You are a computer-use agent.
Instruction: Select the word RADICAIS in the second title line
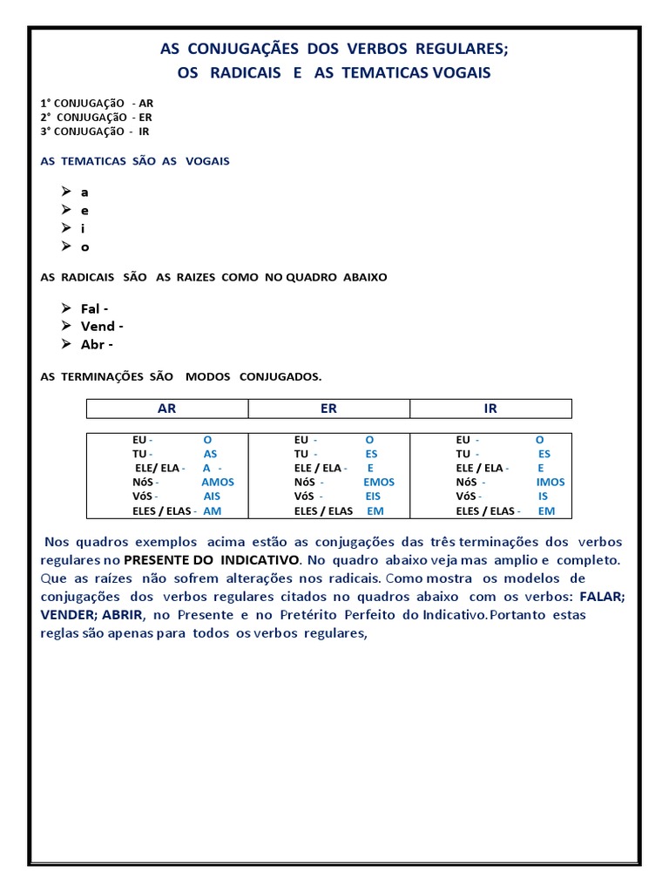[x=243, y=73]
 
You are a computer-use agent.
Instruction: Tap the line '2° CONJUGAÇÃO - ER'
[x=96, y=117]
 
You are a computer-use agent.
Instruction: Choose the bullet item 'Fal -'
[x=94, y=308]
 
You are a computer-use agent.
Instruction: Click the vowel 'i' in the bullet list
[x=83, y=228]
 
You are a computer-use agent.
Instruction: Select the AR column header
[x=166, y=409]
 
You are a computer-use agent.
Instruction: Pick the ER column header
[x=328, y=409]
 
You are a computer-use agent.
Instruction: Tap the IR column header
[x=490, y=409]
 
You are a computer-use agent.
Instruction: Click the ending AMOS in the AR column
[x=218, y=482]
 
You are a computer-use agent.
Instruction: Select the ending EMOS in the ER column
[x=379, y=482]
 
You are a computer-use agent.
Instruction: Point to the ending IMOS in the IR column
[x=551, y=482]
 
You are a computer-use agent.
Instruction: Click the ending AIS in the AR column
[x=212, y=497]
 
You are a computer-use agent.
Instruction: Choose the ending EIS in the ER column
[x=373, y=497]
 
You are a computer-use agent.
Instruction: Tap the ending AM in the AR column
[x=213, y=511]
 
